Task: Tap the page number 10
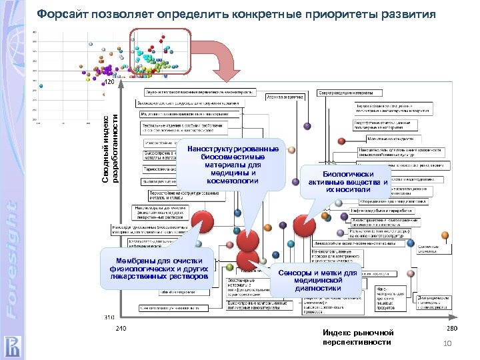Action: click(x=447, y=343)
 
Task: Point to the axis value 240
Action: click(x=121, y=329)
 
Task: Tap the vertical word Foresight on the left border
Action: click(x=11, y=260)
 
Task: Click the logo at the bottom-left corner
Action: click(x=11, y=345)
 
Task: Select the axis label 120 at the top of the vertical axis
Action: click(x=111, y=82)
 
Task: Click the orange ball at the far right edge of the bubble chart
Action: click(x=445, y=235)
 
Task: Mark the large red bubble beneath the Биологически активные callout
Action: click(x=305, y=224)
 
